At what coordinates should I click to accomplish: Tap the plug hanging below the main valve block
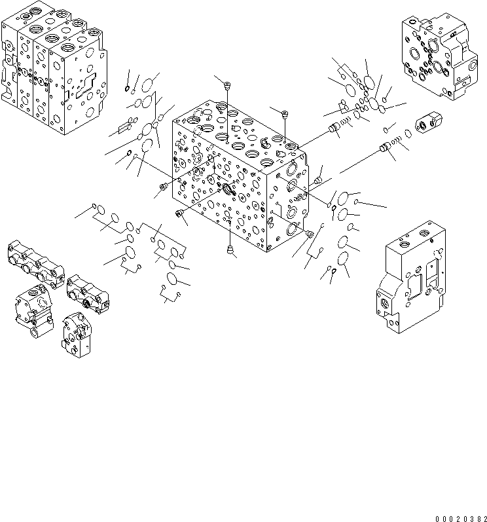point(230,249)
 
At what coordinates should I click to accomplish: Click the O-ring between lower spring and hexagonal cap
point(409,134)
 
